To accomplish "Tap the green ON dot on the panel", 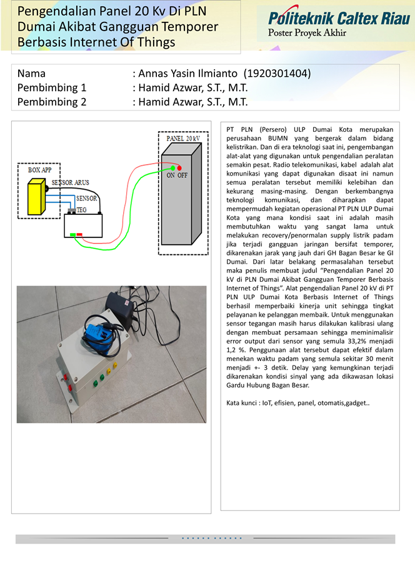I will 173,168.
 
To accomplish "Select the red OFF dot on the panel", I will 180,168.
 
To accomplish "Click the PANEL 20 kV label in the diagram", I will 182,137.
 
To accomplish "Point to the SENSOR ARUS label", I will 70,182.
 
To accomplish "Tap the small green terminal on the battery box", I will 73,234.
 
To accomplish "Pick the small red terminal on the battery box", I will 80,234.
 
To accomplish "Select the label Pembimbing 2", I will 52,102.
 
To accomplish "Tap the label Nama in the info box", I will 32,74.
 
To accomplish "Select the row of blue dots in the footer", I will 211,537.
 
